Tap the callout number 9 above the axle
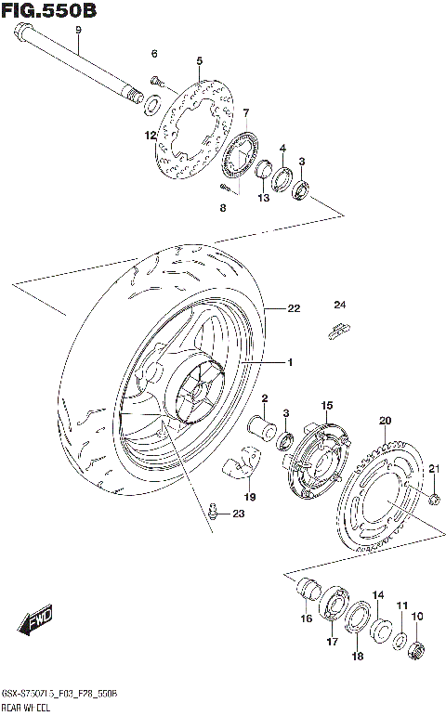79,30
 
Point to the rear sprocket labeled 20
381,492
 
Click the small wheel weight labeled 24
339,327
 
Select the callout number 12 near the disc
150,136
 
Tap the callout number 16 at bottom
306,618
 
